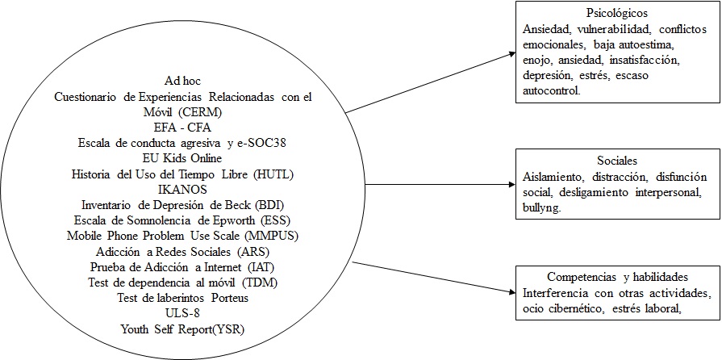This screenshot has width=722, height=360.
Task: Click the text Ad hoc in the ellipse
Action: pos(182,82)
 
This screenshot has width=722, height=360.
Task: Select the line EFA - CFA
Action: pos(182,128)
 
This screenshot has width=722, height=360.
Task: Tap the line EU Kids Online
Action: pos(182,158)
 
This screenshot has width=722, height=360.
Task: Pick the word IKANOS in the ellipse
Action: pos(182,189)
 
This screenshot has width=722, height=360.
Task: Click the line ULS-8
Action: pos(182,313)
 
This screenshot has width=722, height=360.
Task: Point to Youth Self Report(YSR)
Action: pos(182,329)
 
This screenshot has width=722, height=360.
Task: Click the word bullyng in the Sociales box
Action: pos(542,206)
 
